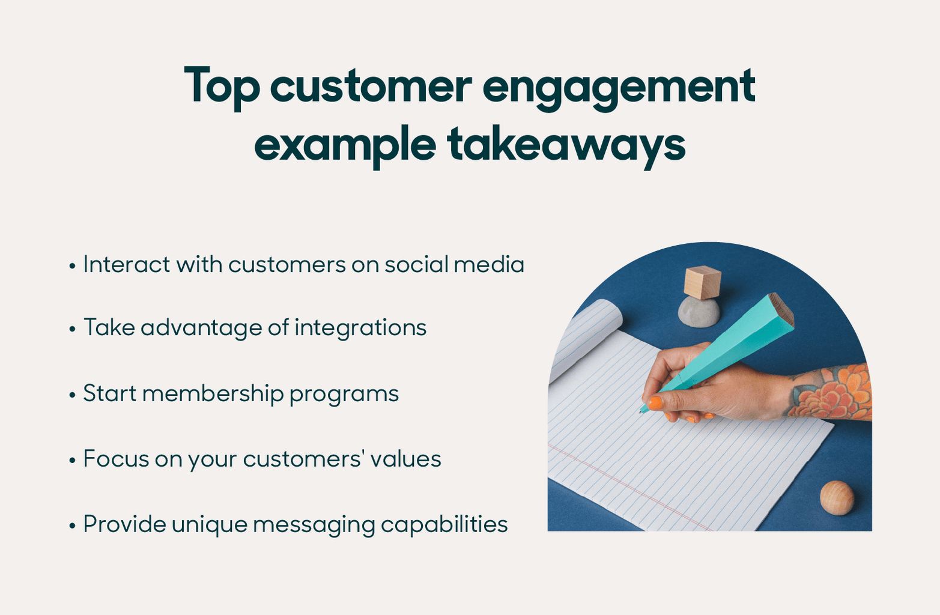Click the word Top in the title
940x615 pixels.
click(x=222, y=86)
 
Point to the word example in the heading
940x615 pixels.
click(x=344, y=145)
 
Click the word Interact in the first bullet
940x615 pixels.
click(x=126, y=264)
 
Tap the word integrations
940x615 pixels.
click(x=360, y=328)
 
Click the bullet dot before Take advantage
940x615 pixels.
click(x=72, y=329)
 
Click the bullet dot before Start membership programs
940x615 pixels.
click(x=72, y=395)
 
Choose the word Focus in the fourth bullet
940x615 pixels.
click(x=115, y=459)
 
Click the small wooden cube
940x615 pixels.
click(x=702, y=282)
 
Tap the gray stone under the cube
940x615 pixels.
click(x=699, y=313)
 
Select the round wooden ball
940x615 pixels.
click(x=837, y=498)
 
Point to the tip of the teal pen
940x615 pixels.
click(x=642, y=411)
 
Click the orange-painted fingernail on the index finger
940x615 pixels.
click(x=655, y=403)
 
